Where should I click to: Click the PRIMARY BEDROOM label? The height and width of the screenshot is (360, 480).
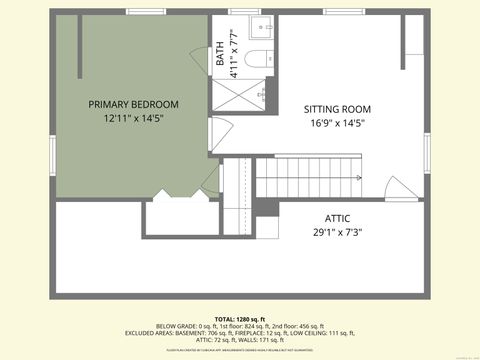pyautogui.click(x=133, y=104)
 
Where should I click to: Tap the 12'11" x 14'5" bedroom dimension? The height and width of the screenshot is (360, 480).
pyautogui.click(x=133, y=118)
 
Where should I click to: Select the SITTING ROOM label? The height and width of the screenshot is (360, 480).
pyautogui.click(x=337, y=109)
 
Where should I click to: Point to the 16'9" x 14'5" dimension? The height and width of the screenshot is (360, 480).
pyautogui.click(x=337, y=123)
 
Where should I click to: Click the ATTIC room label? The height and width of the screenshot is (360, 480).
pyautogui.click(x=337, y=218)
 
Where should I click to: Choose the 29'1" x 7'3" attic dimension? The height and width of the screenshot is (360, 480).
pyautogui.click(x=337, y=232)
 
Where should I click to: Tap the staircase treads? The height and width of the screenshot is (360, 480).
pyautogui.click(x=300, y=178)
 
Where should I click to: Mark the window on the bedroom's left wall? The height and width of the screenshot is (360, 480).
pyautogui.click(x=54, y=101)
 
